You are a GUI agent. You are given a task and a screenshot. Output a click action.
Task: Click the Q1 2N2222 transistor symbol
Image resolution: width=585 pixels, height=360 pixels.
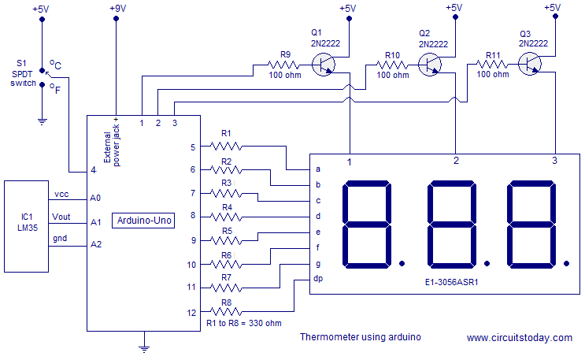pos(325,65)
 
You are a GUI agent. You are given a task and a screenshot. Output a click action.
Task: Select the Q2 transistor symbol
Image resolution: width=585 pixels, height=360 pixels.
pos(431,65)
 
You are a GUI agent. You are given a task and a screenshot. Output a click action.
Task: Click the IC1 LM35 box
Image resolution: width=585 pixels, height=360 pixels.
pos(28,220)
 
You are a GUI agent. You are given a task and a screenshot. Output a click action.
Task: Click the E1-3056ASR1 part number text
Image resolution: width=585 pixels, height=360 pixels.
pos(451,280)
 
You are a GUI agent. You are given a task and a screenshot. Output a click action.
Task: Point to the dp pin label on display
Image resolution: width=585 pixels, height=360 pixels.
pos(318,278)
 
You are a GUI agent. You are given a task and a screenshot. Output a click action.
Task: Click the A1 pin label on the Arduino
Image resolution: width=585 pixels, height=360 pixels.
pos(95,222)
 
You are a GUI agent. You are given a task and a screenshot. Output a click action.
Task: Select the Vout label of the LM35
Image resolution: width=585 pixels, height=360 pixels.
pos(61,216)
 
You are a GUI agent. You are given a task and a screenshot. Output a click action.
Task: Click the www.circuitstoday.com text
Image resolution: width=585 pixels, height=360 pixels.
pos(519,338)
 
